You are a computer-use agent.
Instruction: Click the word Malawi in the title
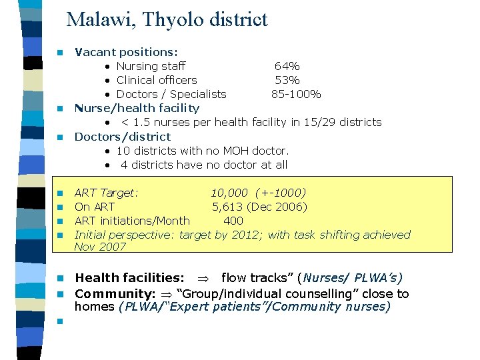pos(93,19)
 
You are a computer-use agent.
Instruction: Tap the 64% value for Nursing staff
pos(287,66)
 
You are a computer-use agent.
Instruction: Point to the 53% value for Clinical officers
pos(287,80)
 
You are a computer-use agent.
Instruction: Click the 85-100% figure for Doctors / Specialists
pos(296,94)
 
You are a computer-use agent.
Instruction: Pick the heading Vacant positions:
pos(126,51)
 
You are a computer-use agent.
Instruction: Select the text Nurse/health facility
pos(137,107)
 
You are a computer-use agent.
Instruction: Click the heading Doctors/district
pos(123,137)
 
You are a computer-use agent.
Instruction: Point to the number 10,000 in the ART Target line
pos(229,193)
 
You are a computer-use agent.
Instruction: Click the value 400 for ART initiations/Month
pos(233,221)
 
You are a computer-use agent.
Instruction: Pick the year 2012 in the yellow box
pos(245,234)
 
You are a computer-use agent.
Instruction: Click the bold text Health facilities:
pos(129,278)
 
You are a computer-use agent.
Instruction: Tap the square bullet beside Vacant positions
pos(59,52)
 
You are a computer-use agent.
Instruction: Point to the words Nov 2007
pos(100,247)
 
